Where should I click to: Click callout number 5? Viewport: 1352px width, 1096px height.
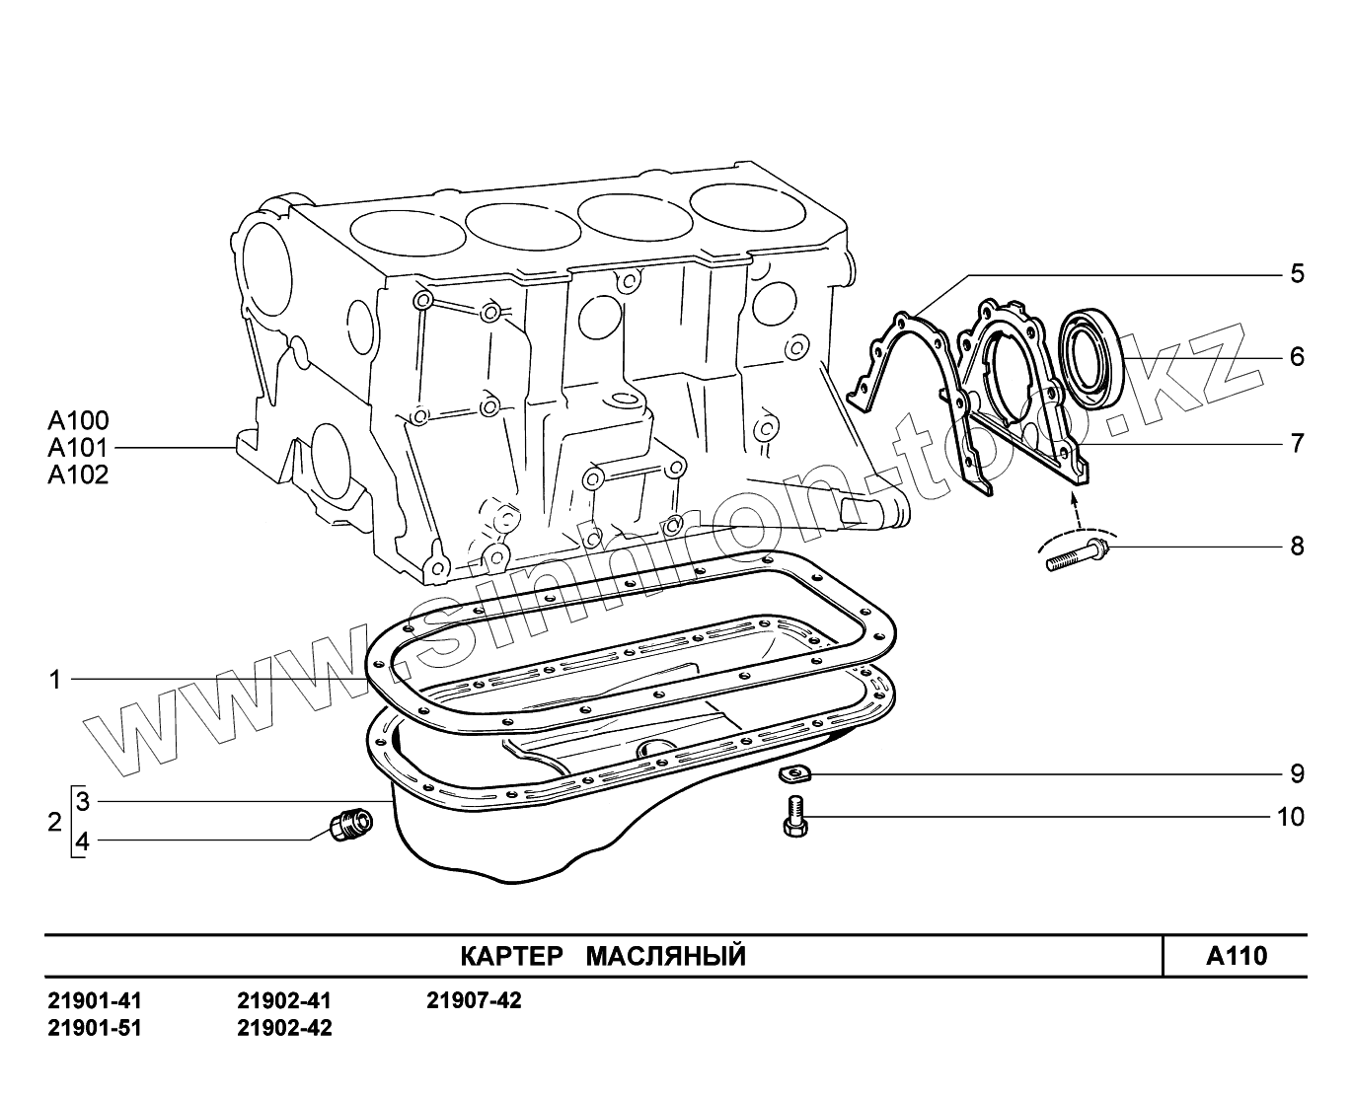(1297, 273)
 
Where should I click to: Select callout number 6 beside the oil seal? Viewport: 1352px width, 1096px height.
(1297, 356)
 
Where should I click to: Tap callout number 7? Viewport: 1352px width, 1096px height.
(1297, 443)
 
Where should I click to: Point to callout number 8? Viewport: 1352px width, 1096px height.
(1297, 546)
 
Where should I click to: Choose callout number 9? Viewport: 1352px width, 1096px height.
(1297, 773)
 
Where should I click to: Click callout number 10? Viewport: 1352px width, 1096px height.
(1290, 817)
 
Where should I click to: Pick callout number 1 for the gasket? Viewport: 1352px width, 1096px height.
(56, 679)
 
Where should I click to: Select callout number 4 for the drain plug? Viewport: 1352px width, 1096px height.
(83, 841)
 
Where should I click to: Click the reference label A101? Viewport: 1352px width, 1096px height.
(78, 448)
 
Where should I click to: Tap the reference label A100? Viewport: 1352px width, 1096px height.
(78, 420)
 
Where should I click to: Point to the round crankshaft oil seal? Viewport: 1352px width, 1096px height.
(1090, 359)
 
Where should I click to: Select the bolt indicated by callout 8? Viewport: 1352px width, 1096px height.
(1077, 553)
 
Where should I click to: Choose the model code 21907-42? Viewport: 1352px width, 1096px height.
(474, 1000)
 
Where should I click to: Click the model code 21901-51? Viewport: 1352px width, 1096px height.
(95, 1028)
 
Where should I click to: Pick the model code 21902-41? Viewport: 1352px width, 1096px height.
(284, 1000)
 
